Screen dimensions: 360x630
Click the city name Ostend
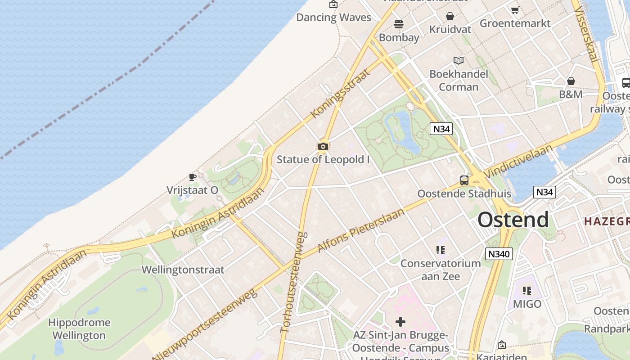pyautogui.click(x=513, y=220)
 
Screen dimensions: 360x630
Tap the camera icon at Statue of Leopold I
pyautogui.click(x=323, y=146)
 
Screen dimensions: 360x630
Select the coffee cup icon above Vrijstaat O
pyautogui.click(x=192, y=177)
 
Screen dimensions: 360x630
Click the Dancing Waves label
pyautogui.click(x=333, y=18)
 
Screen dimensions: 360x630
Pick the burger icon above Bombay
pyautogui.click(x=398, y=24)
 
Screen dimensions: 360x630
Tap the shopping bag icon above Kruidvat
pyautogui.click(x=450, y=17)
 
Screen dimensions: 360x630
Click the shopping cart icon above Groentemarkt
pyautogui.click(x=515, y=10)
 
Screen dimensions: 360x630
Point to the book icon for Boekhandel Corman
pyautogui.click(x=459, y=60)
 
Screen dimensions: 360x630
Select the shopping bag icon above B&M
pyautogui.click(x=571, y=81)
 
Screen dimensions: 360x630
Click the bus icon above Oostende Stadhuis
pyautogui.click(x=464, y=180)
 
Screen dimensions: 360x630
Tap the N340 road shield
pyautogui.click(x=499, y=254)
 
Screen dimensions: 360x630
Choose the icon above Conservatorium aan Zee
pyautogui.click(x=440, y=250)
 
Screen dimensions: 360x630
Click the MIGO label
pyautogui.click(x=527, y=304)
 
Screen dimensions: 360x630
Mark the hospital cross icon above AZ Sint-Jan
pyautogui.click(x=400, y=322)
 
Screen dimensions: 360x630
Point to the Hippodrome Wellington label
pyautogui.click(x=79, y=329)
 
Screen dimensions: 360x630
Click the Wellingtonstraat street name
pyautogui.click(x=183, y=270)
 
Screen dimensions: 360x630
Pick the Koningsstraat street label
pyautogui.click(x=340, y=93)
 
